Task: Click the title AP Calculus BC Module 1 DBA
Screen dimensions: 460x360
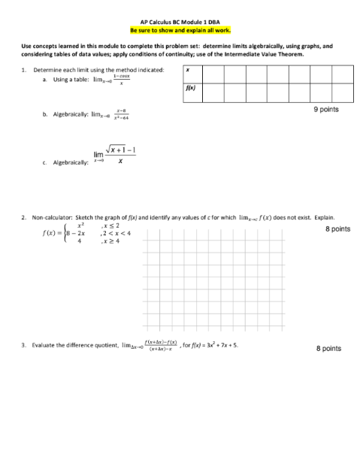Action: (180, 23)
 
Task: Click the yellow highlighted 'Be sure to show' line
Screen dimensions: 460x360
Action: (180, 30)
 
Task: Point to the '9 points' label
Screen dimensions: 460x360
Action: (326, 110)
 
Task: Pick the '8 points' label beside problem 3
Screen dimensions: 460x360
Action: (329, 349)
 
